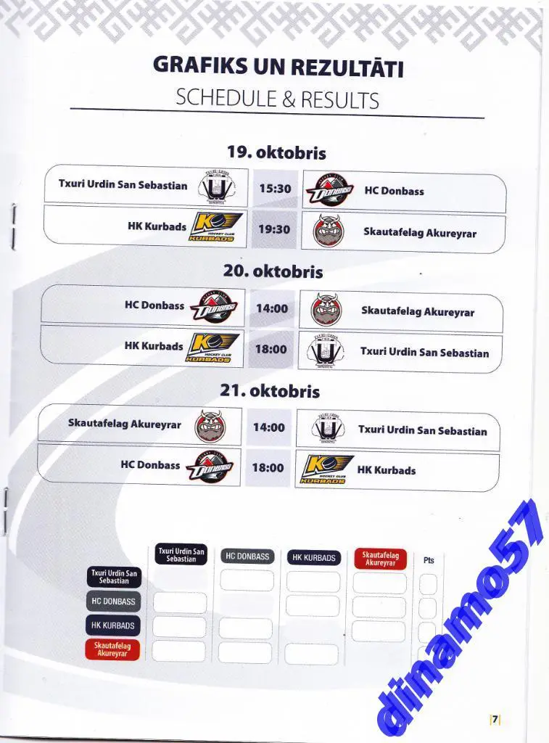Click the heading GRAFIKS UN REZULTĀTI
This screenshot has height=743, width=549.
click(278, 65)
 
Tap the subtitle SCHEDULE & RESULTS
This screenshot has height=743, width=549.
click(277, 99)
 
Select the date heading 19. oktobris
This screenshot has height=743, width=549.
click(276, 152)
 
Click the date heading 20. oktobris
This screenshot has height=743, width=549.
click(273, 271)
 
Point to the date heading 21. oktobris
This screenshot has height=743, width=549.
click(270, 391)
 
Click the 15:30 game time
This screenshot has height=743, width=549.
click(275, 189)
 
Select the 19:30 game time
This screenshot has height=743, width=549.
click(274, 229)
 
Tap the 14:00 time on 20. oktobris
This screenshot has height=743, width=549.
click(272, 308)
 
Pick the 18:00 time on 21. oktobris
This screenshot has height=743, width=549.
click(268, 468)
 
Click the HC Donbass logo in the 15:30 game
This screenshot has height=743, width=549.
click(329, 190)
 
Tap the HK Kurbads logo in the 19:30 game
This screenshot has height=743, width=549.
click(216, 227)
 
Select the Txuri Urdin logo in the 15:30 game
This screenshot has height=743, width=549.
click(217, 186)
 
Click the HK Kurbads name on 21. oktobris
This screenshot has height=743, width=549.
click(387, 470)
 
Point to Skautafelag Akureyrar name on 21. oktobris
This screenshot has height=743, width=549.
click(125, 423)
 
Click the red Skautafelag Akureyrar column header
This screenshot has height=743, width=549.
click(380, 559)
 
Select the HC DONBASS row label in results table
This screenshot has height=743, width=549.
click(114, 602)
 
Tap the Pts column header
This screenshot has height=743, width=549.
click(429, 560)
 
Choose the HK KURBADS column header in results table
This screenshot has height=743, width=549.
click(313, 558)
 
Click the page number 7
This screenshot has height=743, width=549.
click(495, 719)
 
